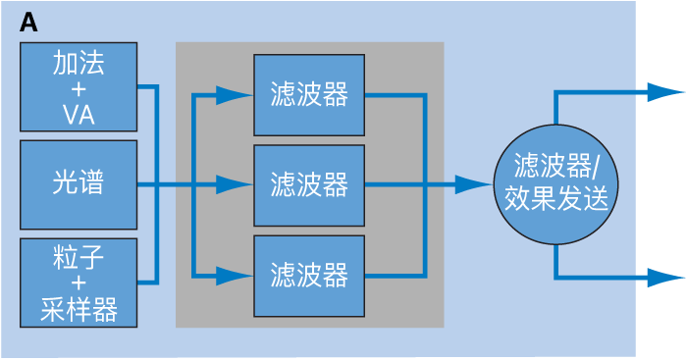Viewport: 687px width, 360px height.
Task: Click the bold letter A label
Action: point(28,24)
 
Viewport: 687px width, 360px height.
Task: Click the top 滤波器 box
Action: point(309,95)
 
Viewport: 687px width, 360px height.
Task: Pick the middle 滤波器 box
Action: point(309,183)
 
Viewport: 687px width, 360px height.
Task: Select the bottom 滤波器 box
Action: point(309,275)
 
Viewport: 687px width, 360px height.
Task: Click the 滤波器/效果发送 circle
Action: point(555,183)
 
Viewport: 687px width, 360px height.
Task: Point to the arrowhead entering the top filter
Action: point(234,95)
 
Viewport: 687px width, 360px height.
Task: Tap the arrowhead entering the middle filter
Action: point(234,183)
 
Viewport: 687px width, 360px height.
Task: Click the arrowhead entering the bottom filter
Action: point(234,275)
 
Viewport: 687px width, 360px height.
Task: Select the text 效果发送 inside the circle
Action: point(555,200)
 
